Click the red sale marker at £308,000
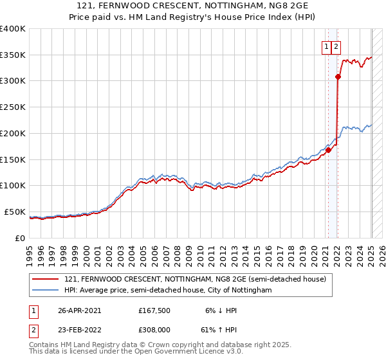[x=338, y=77]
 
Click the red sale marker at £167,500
[x=328, y=150]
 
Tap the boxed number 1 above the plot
[x=327, y=46]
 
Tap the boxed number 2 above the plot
[x=336, y=46]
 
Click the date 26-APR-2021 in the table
[x=80, y=310]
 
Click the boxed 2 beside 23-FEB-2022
[x=32, y=329]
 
